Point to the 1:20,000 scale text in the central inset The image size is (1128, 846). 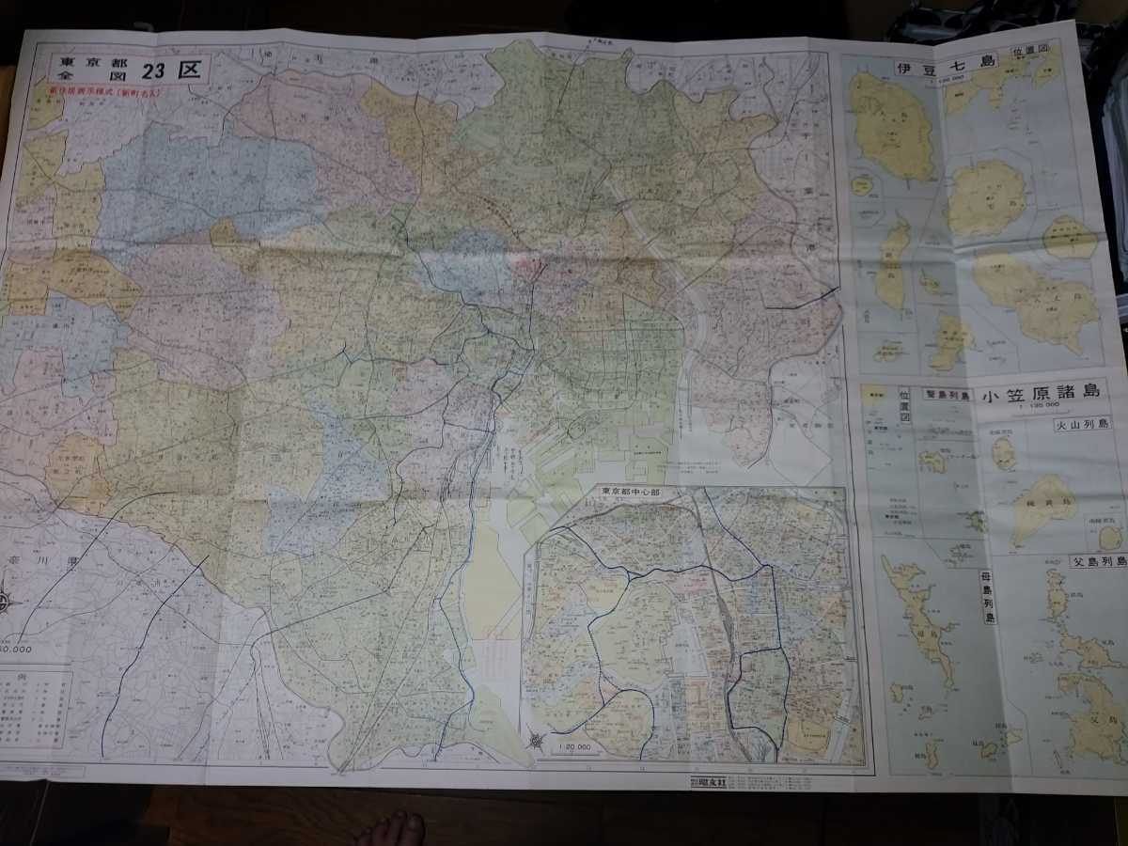point(572,746)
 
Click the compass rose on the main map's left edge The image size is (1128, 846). point(6,602)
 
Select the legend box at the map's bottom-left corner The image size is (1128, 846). point(35,710)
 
